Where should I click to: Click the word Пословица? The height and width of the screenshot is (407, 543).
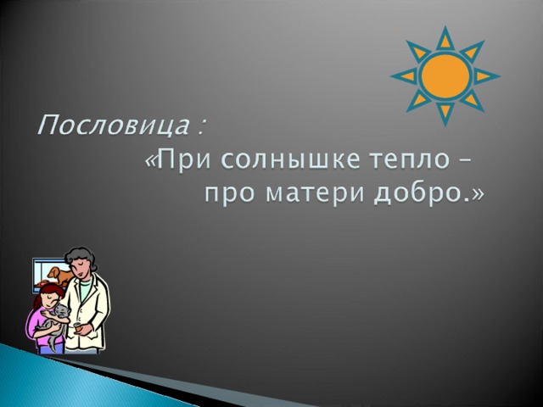pos(113,125)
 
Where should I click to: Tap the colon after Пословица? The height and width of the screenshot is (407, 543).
pos(200,128)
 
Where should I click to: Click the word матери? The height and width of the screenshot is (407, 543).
pos(316,194)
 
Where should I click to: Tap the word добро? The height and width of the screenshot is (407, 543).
pos(418,193)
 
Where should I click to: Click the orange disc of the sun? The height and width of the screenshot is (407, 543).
pos(445,76)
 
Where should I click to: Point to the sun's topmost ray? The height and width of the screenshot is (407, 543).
pos(445,38)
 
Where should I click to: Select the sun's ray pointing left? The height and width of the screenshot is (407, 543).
pos(405,76)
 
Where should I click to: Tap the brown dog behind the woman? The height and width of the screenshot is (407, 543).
pos(59,276)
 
